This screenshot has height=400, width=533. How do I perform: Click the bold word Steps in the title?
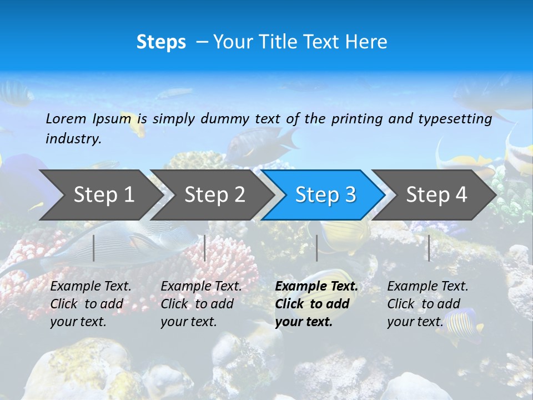pos(161,42)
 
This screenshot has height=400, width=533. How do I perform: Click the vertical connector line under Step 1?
pos(94,248)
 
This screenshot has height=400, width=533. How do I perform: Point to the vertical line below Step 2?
pos(205,248)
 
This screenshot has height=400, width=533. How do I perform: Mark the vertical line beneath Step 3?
pos(316,248)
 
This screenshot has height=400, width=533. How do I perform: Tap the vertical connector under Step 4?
pos(429,248)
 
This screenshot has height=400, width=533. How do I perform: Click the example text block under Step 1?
pos(90,304)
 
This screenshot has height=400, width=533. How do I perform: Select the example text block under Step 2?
pos(201,304)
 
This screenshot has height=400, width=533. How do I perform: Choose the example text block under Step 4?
pos(428,304)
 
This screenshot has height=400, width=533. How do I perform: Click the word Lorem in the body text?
pos(66,118)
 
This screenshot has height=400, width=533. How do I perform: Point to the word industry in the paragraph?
pos(73,138)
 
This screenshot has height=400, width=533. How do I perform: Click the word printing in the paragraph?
pos(355,118)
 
